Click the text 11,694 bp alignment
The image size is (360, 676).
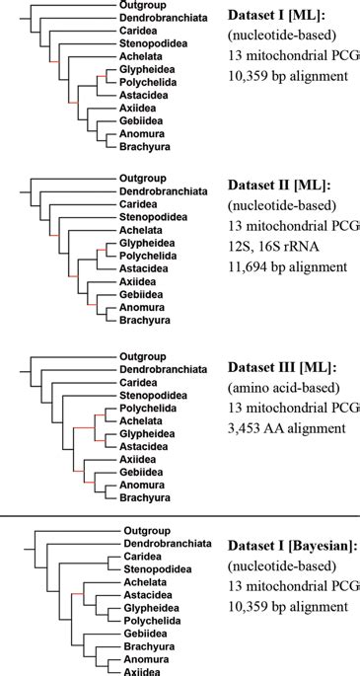(287, 266)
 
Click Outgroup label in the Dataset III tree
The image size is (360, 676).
(143, 356)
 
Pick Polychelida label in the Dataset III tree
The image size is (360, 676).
(147, 408)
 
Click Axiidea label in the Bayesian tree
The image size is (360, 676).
(143, 671)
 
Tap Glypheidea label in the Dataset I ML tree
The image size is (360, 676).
(147, 70)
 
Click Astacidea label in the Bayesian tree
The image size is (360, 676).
(147, 595)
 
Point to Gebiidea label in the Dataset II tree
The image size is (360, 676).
(143, 294)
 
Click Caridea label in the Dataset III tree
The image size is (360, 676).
(139, 382)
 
